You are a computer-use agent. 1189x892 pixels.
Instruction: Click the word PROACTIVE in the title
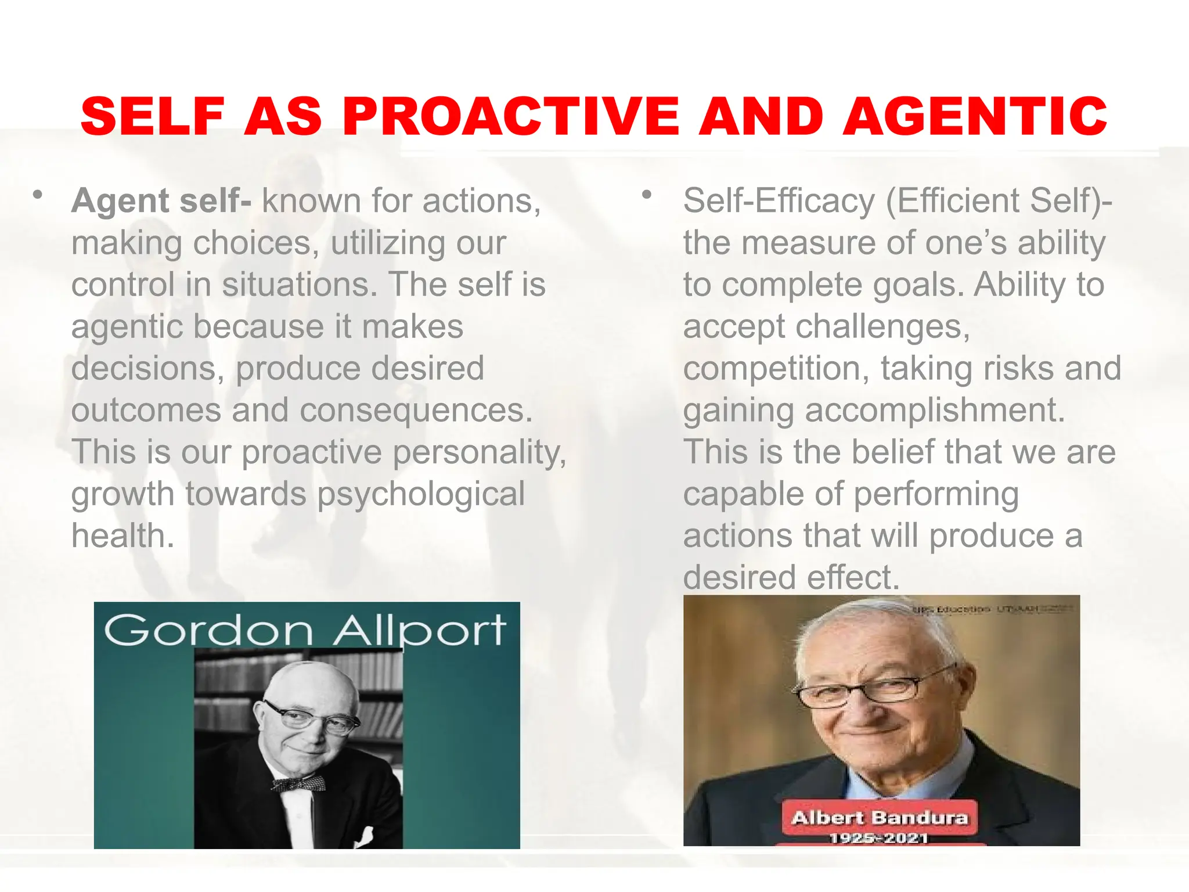point(511,116)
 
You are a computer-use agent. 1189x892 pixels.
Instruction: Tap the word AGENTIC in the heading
point(975,116)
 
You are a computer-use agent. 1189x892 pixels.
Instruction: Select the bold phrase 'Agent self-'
point(161,201)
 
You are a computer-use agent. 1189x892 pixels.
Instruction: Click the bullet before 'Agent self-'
point(38,195)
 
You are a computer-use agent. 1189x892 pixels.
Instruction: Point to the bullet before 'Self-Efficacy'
point(647,195)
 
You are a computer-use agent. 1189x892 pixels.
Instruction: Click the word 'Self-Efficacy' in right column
point(779,201)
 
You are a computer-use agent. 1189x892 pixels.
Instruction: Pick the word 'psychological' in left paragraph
point(421,495)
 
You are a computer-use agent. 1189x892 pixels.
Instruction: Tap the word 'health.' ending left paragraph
point(122,535)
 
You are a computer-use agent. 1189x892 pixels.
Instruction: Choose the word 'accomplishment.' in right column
point(935,411)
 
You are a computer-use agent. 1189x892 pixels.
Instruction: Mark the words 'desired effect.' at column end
point(791,578)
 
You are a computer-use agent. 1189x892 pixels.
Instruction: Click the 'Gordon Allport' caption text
point(305,631)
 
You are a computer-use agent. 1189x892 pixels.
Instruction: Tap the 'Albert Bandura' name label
point(879,818)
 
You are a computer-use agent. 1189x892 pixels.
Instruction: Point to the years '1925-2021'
point(879,838)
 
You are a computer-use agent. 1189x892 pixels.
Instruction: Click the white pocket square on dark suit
point(366,837)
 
